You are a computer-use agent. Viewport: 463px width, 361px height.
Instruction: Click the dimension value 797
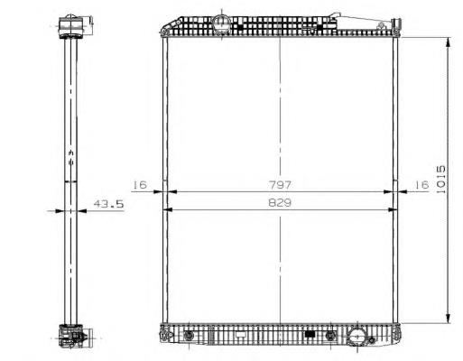(280, 185)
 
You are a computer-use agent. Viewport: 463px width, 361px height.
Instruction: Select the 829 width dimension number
(280, 203)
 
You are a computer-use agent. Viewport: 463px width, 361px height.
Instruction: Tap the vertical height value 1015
(440, 180)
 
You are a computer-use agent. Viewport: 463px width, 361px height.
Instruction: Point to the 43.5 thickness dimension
(108, 204)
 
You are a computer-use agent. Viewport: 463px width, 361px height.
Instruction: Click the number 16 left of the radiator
(140, 184)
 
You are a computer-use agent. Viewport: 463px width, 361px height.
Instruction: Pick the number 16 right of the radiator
(421, 184)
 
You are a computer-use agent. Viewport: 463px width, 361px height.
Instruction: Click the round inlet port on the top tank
(221, 23)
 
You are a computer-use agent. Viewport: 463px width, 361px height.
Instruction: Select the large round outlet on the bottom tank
(357, 337)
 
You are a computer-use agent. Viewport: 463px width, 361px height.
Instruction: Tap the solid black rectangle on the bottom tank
(310, 334)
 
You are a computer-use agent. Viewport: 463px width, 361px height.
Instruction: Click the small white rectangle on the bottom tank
(241, 334)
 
